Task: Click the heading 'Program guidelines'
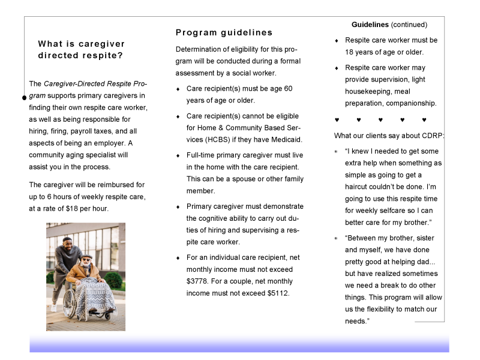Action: [x=224, y=33]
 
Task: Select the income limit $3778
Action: [x=197, y=281]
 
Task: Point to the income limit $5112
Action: [x=278, y=293]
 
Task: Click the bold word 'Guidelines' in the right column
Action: [x=370, y=25]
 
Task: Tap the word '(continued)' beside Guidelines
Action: [x=409, y=25]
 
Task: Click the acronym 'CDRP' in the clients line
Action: [x=432, y=136]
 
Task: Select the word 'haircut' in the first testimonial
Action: [x=356, y=187]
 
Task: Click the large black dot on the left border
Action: [x=25, y=98]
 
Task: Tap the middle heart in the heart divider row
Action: [x=380, y=119]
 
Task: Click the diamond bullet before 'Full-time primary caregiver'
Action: [x=178, y=156]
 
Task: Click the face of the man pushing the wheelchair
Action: [x=68, y=245]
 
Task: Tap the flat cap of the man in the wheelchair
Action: [x=86, y=256]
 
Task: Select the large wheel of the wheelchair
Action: [x=70, y=302]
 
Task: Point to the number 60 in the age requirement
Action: [x=288, y=89]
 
